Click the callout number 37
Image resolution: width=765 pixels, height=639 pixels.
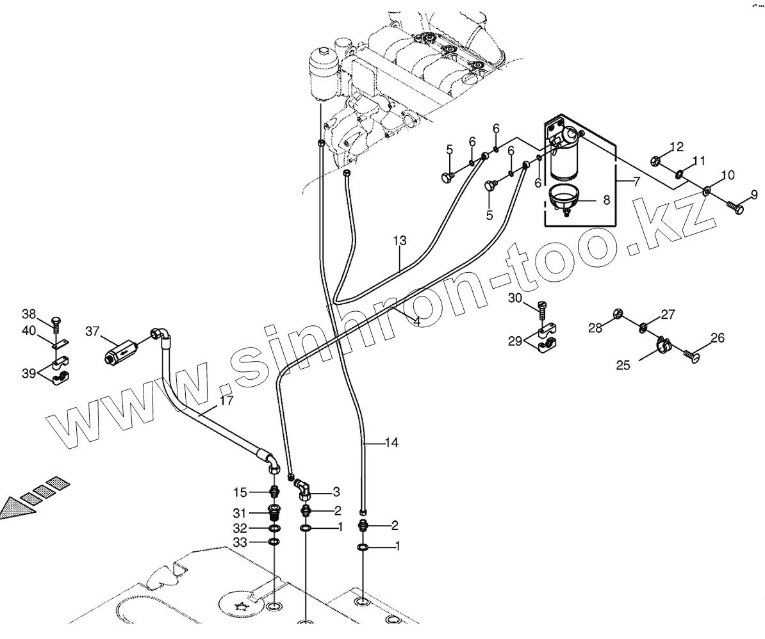(92, 330)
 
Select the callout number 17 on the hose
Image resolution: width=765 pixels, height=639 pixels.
(226, 401)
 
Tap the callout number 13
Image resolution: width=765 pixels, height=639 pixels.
(400, 241)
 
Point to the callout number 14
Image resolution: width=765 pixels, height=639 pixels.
(391, 442)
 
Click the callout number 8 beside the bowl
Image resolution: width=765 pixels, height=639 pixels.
(607, 199)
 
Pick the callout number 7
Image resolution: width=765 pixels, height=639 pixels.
(636, 181)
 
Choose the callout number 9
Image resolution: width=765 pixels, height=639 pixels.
(755, 194)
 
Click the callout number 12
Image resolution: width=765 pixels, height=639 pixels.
(677, 147)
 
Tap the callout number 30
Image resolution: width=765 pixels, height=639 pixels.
(516, 298)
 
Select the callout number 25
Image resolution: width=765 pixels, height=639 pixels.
(624, 365)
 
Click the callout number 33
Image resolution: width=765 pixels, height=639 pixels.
(240, 542)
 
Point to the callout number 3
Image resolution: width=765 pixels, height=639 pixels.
(336, 492)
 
